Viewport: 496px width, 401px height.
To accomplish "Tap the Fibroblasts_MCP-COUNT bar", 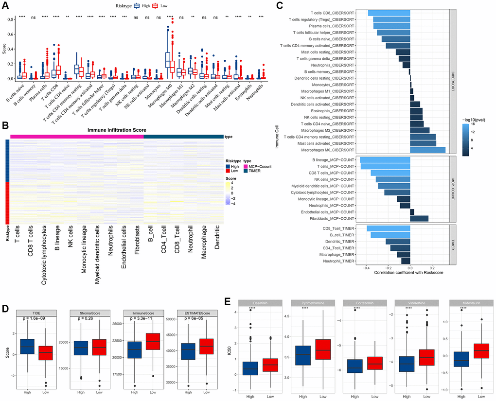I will [x=419, y=219].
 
